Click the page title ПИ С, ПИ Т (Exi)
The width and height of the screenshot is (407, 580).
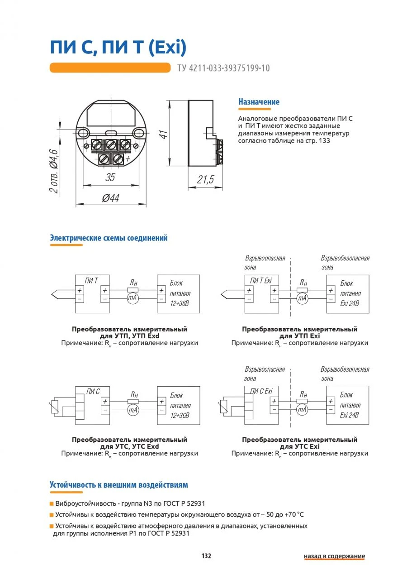[118, 47]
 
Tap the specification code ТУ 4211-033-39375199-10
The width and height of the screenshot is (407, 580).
[220, 68]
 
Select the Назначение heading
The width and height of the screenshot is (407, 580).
[259, 102]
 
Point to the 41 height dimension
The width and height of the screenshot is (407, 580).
[164, 134]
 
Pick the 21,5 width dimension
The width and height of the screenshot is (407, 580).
[205, 180]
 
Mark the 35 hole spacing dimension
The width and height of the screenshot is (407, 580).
[110, 177]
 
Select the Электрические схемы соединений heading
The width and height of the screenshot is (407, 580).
[109, 238]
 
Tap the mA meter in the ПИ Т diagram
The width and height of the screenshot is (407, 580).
[132, 298]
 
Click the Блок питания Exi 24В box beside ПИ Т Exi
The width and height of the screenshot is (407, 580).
[347, 293]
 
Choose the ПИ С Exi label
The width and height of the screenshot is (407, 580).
[262, 391]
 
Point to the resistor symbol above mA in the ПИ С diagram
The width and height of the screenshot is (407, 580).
[133, 401]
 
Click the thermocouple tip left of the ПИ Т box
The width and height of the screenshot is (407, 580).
[55, 294]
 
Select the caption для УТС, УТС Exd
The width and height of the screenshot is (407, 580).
[129, 446]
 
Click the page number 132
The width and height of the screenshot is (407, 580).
[206, 556]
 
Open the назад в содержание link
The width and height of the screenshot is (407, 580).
[334, 556]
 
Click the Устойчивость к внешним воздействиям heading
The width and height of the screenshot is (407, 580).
[118, 485]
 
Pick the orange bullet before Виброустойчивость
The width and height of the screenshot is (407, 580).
[52, 503]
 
